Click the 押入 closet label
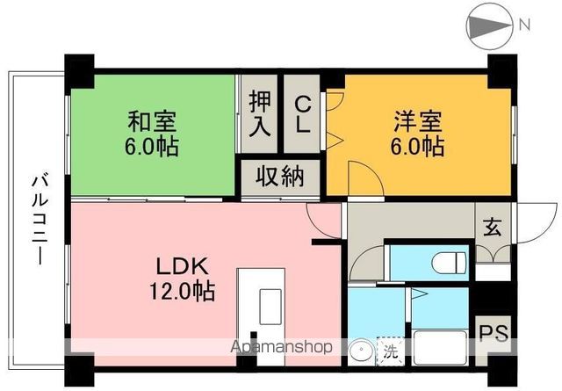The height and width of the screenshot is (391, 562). tap(260, 113)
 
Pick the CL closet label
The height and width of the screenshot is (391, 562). tap(301, 113)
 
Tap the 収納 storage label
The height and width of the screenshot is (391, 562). tap(280, 177)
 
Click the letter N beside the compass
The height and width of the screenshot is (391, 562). tap(525, 25)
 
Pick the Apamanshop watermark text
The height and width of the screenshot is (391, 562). tap(281, 347)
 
